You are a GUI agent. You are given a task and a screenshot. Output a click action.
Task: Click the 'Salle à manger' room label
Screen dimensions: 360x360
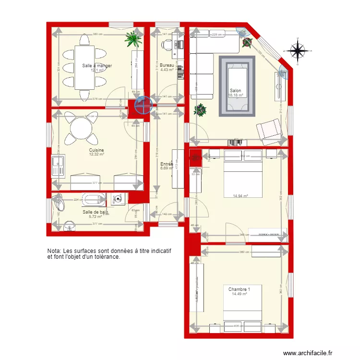click(x=97, y=66)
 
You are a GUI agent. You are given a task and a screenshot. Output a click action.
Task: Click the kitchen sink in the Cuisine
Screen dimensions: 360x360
click(x=58, y=165)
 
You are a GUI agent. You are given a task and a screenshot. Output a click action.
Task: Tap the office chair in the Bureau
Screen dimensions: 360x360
click(x=167, y=45)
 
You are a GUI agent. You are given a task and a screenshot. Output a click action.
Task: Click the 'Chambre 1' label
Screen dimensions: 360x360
click(x=239, y=289)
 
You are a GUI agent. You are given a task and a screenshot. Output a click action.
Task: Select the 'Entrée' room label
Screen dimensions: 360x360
click(x=167, y=164)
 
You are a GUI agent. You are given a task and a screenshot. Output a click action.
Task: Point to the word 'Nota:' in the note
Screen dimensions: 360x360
click(x=54, y=251)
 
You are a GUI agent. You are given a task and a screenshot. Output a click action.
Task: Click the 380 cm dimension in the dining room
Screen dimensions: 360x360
click(x=97, y=34)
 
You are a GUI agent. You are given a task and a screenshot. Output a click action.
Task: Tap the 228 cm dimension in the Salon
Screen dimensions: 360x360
click(x=216, y=34)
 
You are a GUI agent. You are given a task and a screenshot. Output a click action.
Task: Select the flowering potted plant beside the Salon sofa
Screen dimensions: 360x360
click(x=200, y=110)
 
